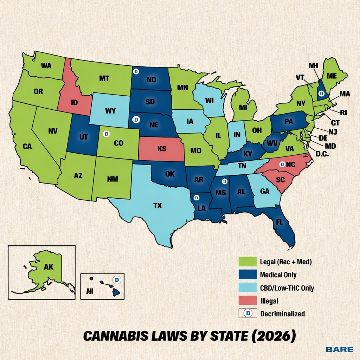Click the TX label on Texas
[158, 206]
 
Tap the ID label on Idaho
[74, 102]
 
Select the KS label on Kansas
[162, 149]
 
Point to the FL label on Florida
[279, 222]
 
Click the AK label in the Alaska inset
[49, 267]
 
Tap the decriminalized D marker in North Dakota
[136, 71]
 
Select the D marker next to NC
[282, 164]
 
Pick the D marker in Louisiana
[197, 198]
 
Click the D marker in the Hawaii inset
[118, 279]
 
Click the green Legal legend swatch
[247, 262]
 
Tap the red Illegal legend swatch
[247, 301]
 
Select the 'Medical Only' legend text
[278, 275]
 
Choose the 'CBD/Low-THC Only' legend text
[287, 288]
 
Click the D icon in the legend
[248, 313]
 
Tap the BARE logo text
[339, 349]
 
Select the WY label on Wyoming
[110, 111]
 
